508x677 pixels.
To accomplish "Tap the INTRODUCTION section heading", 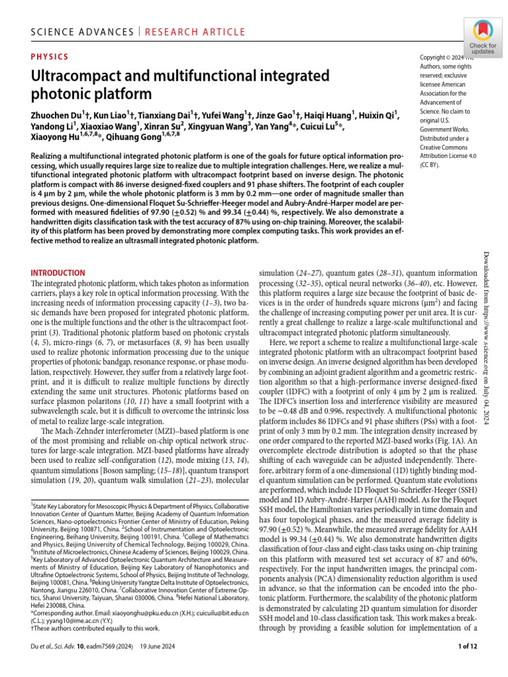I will (59, 272).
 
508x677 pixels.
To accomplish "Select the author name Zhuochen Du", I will (58, 115).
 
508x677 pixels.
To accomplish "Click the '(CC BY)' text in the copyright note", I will (433, 166).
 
